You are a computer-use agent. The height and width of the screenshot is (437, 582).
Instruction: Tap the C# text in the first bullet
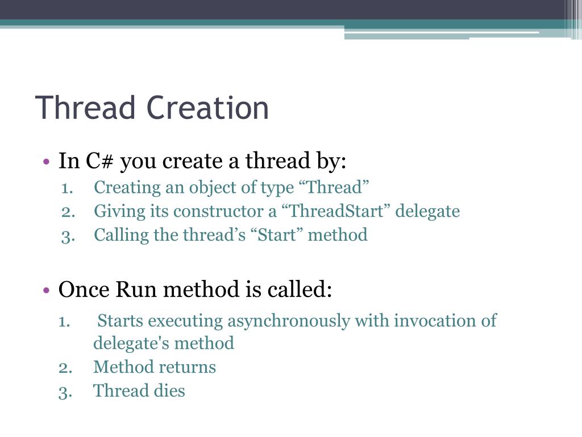click(x=101, y=162)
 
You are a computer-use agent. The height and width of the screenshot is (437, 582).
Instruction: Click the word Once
click(x=84, y=290)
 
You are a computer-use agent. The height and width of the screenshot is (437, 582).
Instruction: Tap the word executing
click(x=186, y=321)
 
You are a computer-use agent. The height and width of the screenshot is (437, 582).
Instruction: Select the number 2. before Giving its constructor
click(x=68, y=211)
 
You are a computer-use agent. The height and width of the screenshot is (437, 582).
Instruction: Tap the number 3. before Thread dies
click(x=65, y=391)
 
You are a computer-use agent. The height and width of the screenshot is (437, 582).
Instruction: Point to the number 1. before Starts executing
click(x=64, y=321)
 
